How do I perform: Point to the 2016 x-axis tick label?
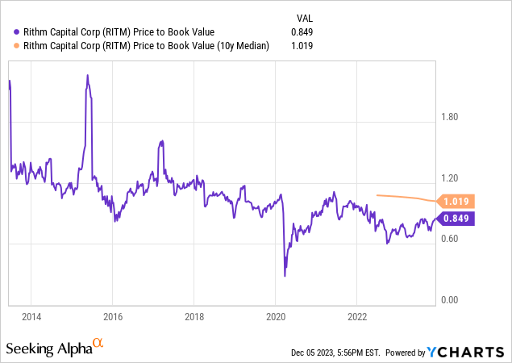click(x=113, y=315)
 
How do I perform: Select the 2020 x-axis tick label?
click(x=276, y=315)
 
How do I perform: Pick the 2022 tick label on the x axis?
click(x=358, y=315)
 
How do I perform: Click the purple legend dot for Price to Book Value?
click(x=17, y=31)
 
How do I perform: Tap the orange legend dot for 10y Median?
click(x=17, y=46)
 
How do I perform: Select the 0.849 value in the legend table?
click(x=302, y=31)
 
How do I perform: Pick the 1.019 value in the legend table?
click(x=302, y=46)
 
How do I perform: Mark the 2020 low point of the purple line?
click(x=285, y=276)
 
